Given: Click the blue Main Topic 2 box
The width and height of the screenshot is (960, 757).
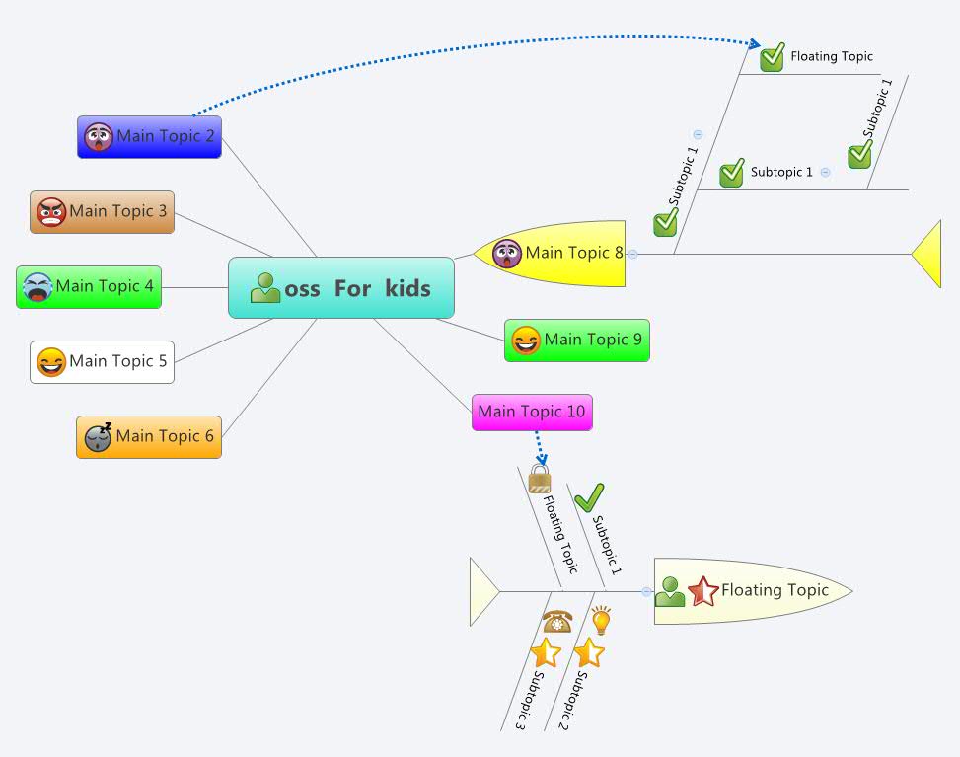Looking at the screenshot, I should [149, 137].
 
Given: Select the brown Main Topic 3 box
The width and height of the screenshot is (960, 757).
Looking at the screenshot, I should [102, 212].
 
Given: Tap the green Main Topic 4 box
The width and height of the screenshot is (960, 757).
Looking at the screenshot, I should [89, 287].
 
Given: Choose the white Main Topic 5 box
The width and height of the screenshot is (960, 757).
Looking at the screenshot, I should [102, 362].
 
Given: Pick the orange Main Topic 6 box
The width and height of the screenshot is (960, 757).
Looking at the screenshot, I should [149, 436].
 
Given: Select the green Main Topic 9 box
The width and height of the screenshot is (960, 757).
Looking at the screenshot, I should [576, 341].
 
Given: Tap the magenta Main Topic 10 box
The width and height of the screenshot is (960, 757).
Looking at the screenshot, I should [532, 412].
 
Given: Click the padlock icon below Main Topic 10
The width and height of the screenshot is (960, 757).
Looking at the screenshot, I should [540, 480].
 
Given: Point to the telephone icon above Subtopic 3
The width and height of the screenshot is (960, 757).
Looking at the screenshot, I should [556, 621].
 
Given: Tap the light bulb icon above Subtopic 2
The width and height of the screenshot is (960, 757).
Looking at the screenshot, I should [600, 620].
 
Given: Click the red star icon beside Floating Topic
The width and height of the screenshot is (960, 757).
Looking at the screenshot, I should [703, 591].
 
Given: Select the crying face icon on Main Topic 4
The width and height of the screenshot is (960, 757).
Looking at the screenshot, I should [37, 287].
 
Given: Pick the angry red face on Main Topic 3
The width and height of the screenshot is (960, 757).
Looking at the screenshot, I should [51, 212].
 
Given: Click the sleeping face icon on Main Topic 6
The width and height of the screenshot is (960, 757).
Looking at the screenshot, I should [98, 437].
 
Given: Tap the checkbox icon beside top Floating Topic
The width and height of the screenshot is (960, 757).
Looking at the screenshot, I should [772, 57].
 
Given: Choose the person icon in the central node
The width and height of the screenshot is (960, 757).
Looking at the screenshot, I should [265, 288].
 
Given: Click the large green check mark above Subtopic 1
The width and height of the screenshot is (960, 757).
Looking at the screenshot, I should [589, 497].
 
